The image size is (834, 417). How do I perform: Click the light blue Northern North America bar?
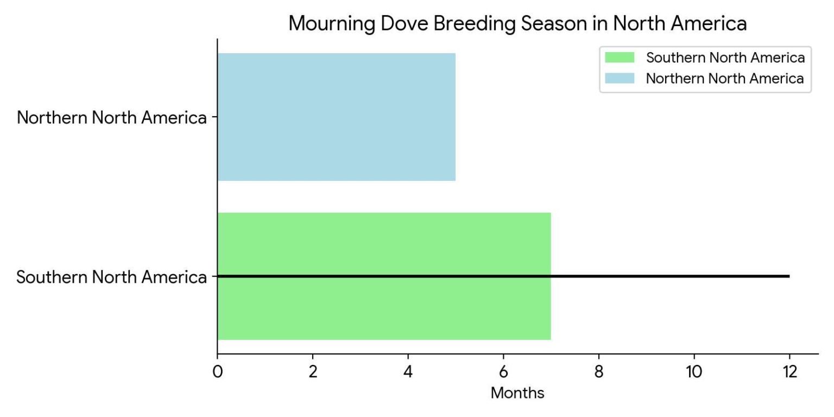336,117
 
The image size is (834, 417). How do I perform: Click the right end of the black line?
788,276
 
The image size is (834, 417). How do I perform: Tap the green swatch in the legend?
620,58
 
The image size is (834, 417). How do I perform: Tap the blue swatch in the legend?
620,78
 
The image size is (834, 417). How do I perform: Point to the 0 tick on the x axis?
217,372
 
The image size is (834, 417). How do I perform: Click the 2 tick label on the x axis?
313,372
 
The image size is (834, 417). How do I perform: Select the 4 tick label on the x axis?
408,372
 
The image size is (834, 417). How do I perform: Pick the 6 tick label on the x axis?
503,372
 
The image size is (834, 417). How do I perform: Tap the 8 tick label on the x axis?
599,372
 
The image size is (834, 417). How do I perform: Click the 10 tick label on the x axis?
694,372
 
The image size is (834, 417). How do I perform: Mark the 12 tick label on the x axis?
789,372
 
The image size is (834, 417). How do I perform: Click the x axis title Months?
517,393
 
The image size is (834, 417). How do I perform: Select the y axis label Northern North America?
112,117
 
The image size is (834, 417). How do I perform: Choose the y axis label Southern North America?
112,277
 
